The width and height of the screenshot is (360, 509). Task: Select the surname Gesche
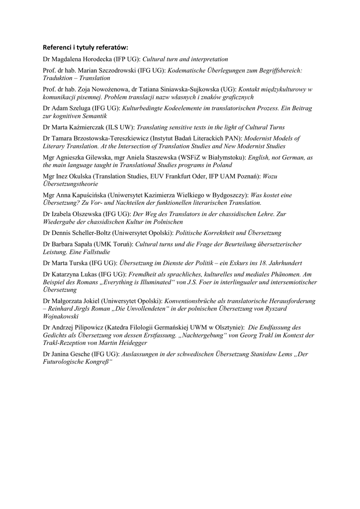[83, 354]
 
